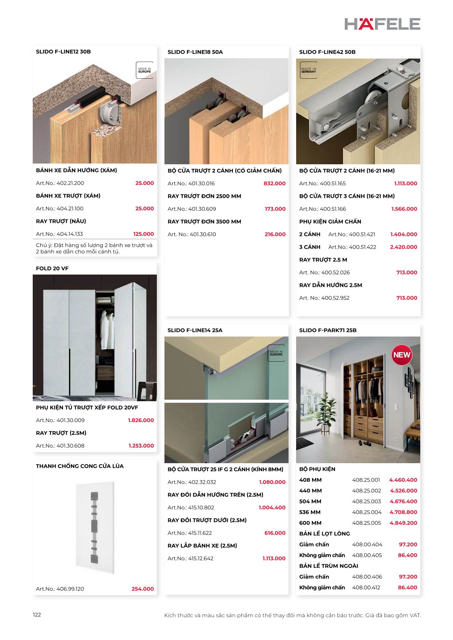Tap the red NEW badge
coord(402,355)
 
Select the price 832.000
coord(274,183)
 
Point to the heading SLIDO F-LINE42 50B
coord(327,52)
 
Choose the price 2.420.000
coord(403,247)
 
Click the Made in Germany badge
coord(308,70)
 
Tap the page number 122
coord(37,615)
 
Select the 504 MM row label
coord(310,501)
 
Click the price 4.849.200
coord(403,523)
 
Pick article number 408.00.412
coord(366,587)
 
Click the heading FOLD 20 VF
coord(52,268)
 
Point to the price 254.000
coord(142,589)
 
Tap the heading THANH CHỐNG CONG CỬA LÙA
coord(80,466)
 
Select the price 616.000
coord(274,533)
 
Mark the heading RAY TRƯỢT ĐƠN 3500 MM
coord(204,221)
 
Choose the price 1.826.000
coord(140,420)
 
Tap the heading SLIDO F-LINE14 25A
coord(195,330)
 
